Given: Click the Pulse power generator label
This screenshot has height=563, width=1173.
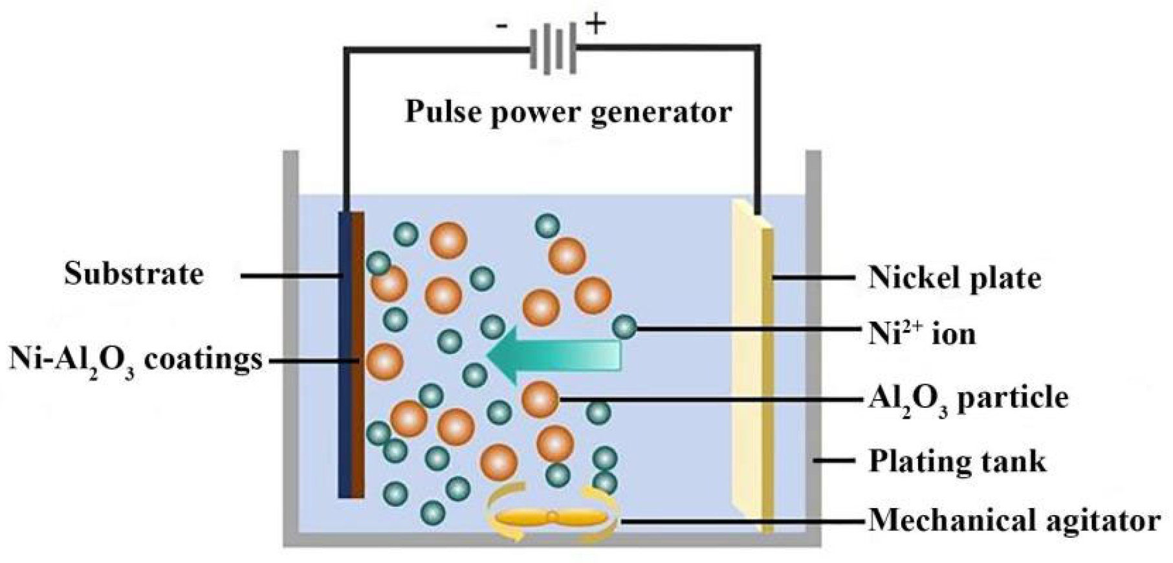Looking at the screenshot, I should (568, 112).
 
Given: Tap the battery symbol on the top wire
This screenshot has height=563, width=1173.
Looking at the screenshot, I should (553, 49).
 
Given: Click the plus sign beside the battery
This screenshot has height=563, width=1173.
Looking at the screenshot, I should (595, 25).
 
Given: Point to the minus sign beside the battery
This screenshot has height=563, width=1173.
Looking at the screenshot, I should (501, 27).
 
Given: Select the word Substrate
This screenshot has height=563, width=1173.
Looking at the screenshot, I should (134, 274).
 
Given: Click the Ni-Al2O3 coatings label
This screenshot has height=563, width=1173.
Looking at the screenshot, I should (136, 360).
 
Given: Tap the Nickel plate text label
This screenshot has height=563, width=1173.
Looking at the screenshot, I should (954, 278).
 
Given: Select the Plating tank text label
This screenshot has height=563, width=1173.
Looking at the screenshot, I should (956, 461).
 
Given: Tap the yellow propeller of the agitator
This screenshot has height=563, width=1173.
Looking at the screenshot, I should (552, 518).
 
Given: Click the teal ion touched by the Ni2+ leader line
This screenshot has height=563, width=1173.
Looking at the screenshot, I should (625, 327).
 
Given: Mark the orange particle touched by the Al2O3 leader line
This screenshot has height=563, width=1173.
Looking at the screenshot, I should (540, 399).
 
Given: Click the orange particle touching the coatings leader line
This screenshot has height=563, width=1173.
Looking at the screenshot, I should (385, 362).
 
